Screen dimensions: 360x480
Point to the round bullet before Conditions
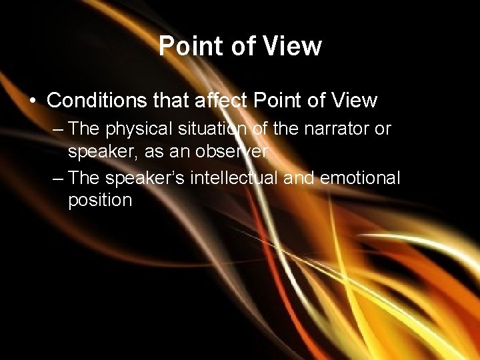[x=33, y=101]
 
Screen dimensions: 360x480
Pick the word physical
[x=136, y=129]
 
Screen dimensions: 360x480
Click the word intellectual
[x=233, y=177]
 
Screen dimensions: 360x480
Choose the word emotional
[x=360, y=177]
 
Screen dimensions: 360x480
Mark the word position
[x=100, y=201]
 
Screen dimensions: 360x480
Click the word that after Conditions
[x=172, y=101]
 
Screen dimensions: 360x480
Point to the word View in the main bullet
[x=353, y=101]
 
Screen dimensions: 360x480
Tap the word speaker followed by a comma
[x=97, y=152]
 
